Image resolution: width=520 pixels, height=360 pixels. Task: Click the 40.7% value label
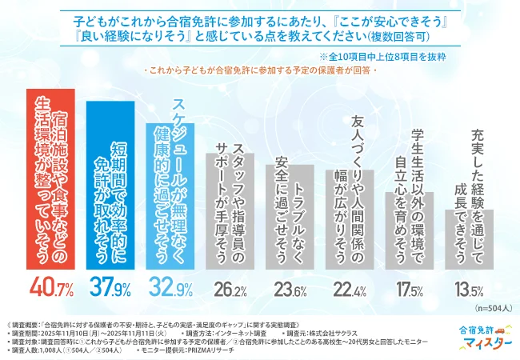point(53,285)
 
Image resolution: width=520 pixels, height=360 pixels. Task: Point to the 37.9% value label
point(112,285)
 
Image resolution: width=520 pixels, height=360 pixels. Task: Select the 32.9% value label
point(172,285)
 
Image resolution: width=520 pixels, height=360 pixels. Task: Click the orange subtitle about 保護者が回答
point(259,72)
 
